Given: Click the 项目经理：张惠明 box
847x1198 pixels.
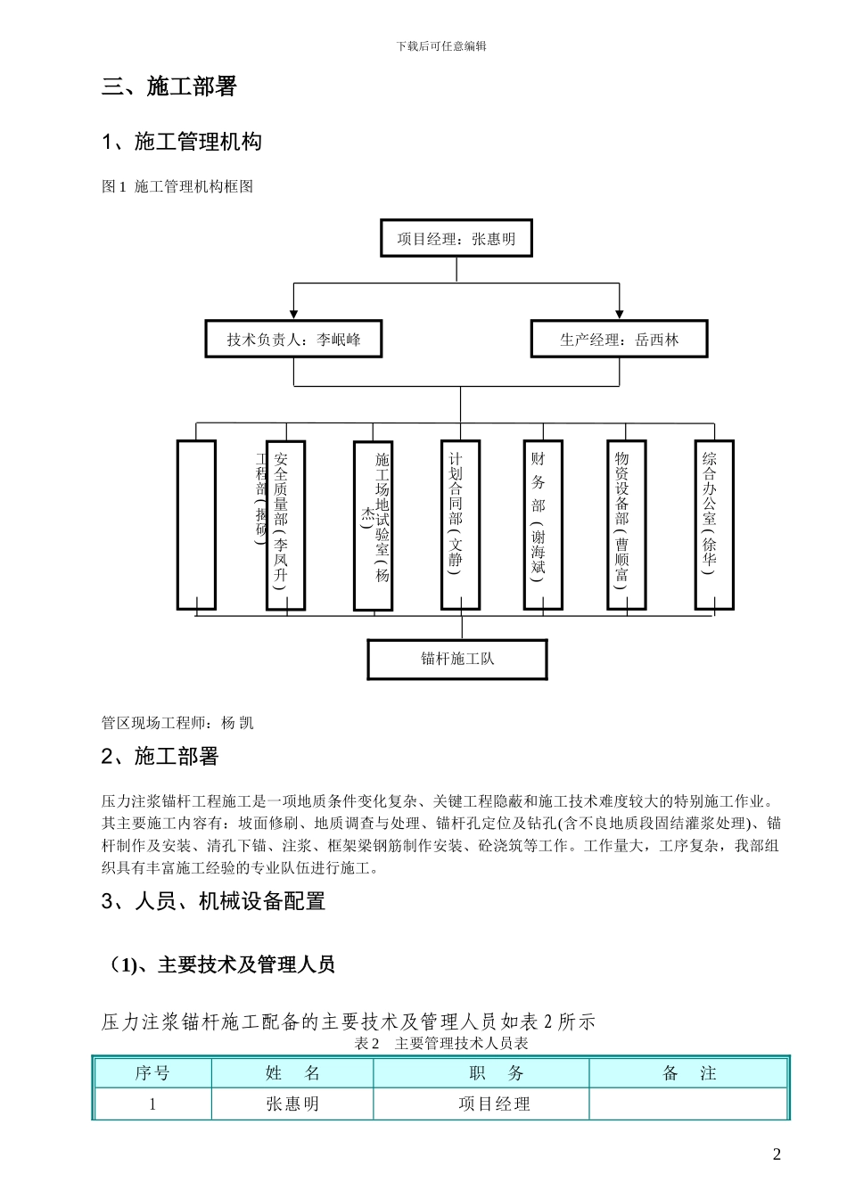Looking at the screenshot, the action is (x=456, y=239).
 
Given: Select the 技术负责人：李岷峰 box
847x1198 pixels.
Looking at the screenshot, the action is (x=293, y=340).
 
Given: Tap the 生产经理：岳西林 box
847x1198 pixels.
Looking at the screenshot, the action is (x=619, y=340).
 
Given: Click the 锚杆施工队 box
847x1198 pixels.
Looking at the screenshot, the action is (x=457, y=660).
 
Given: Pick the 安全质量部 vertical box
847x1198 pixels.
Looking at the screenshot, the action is (x=285, y=525).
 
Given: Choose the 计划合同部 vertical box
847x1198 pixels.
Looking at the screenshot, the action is (x=460, y=525).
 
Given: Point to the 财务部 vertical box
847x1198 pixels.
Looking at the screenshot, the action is (x=542, y=525).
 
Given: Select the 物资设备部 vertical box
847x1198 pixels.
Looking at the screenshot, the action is (x=626, y=525).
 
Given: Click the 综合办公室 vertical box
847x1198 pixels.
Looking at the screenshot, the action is (x=714, y=525).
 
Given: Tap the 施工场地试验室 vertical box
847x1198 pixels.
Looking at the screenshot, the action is (x=373, y=526).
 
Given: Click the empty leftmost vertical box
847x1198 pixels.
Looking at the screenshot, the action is (x=196, y=525).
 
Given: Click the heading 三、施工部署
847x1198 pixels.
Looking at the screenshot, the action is (x=169, y=86).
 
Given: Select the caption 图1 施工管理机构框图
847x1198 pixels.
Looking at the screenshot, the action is (x=177, y=186).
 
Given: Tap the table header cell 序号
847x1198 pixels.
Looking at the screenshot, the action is (x=152, y=1073).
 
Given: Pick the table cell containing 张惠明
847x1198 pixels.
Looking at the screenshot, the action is (x=292, y=1104).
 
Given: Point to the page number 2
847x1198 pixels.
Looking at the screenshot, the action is (x=777, y=1154).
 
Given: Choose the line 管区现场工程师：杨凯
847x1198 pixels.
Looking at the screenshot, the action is (x=177, y=723).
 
